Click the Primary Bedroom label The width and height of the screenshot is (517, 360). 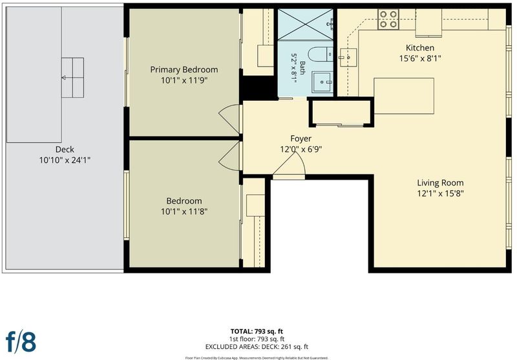(x=184, y=70)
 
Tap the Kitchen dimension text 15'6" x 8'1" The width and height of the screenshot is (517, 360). (x=420, y=58)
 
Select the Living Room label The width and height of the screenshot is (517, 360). (x=440, y=183)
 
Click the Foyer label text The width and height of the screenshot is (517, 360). (x=301, y=138)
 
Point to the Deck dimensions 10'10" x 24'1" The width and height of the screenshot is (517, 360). (x=65, y=160)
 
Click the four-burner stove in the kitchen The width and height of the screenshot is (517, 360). (x=388, y=19)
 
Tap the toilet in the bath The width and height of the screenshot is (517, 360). (x=321, y=54)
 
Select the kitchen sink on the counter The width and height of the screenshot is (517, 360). (x=348, y=58)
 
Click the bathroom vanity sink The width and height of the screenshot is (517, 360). (x=322, y=81)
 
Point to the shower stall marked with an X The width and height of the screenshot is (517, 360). (x=305, y=25)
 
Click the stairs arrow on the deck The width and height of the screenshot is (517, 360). (x=67, y=78)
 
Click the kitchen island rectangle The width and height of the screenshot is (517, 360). (x=404, y=96)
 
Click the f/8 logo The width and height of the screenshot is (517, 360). (x=21, y=341)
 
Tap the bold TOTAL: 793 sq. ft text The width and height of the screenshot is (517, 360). (x=257, y=332)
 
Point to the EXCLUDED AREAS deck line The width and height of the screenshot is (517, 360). (x=257, y=347)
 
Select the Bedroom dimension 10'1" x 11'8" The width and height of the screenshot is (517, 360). (x=184, y=211)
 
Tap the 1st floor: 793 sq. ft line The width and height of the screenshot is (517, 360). (x=257, y=339)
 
